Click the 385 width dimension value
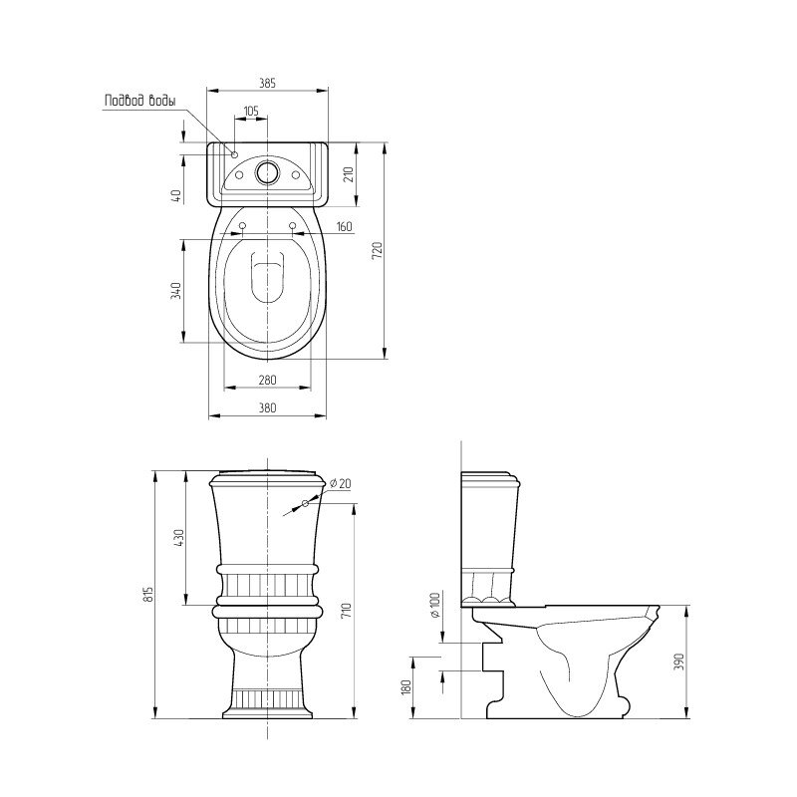pos(267,83)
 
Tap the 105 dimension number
pos(251,111)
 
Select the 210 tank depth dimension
pos(349,175)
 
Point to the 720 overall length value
pos(377,251)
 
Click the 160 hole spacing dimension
pos(344,226)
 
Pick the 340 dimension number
pos(175,290)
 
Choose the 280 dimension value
pos(267,380)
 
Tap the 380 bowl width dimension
pos(267,407)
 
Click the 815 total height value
pos(147,594)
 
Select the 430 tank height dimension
pos(179,537)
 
